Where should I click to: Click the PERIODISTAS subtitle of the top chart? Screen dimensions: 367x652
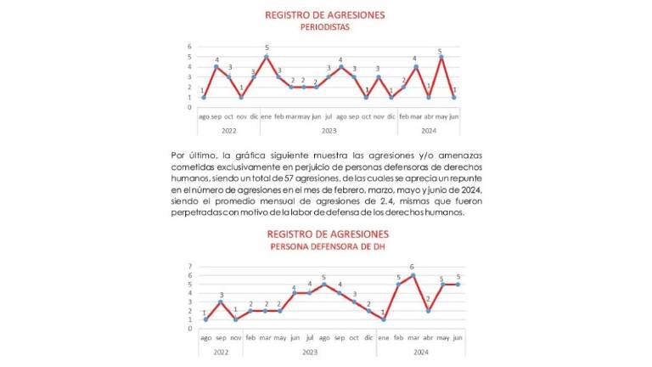click(325, 27)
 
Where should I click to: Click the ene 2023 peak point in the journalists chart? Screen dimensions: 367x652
click(267, 56)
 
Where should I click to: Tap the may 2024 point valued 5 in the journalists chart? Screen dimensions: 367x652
click(441, 57)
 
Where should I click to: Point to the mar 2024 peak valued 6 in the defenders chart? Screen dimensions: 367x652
click(413, 274)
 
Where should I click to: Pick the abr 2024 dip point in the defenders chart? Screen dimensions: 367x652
click(428, 311)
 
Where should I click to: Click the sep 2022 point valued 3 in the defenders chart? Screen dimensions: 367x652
click(220, 302)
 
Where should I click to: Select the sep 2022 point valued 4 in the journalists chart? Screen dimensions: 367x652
click(216, 66)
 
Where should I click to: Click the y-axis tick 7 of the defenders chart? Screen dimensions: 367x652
click(190, 266)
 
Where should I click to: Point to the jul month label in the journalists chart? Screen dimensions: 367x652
click(329, 116)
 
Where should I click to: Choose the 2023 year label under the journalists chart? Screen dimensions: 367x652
click(329, 131)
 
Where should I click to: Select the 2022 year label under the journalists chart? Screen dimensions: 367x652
click(229, 131)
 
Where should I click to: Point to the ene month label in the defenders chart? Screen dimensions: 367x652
click(384, 336)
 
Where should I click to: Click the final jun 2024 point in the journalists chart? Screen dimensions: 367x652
click(453, 97)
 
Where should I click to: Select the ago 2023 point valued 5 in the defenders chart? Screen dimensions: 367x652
click(323, 284)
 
